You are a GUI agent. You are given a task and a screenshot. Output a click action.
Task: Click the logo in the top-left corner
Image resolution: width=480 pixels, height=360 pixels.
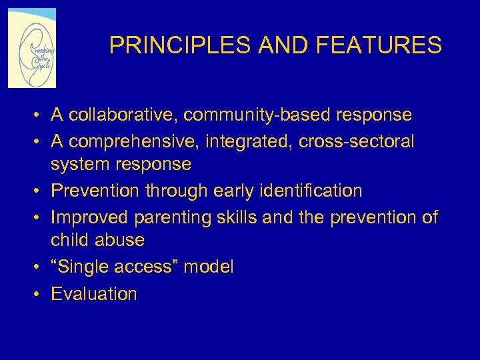[32, 48]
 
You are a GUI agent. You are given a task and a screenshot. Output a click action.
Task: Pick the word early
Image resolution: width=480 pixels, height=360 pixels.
[236, 191]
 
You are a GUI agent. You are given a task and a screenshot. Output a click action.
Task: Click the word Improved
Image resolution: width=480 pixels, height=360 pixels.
[90, 218]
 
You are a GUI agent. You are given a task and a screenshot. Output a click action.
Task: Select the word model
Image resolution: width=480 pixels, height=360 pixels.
[209, 267]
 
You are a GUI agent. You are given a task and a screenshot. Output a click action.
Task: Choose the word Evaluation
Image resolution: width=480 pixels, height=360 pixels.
[94, 294]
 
